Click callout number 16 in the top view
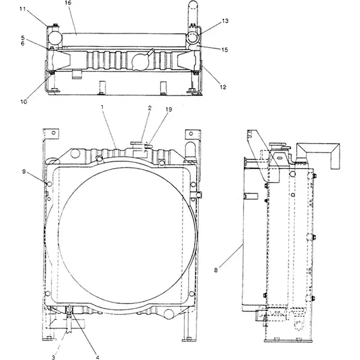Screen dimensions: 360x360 68,3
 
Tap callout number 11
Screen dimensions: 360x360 22,9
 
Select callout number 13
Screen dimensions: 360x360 225,21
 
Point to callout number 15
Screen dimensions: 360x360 225,49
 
